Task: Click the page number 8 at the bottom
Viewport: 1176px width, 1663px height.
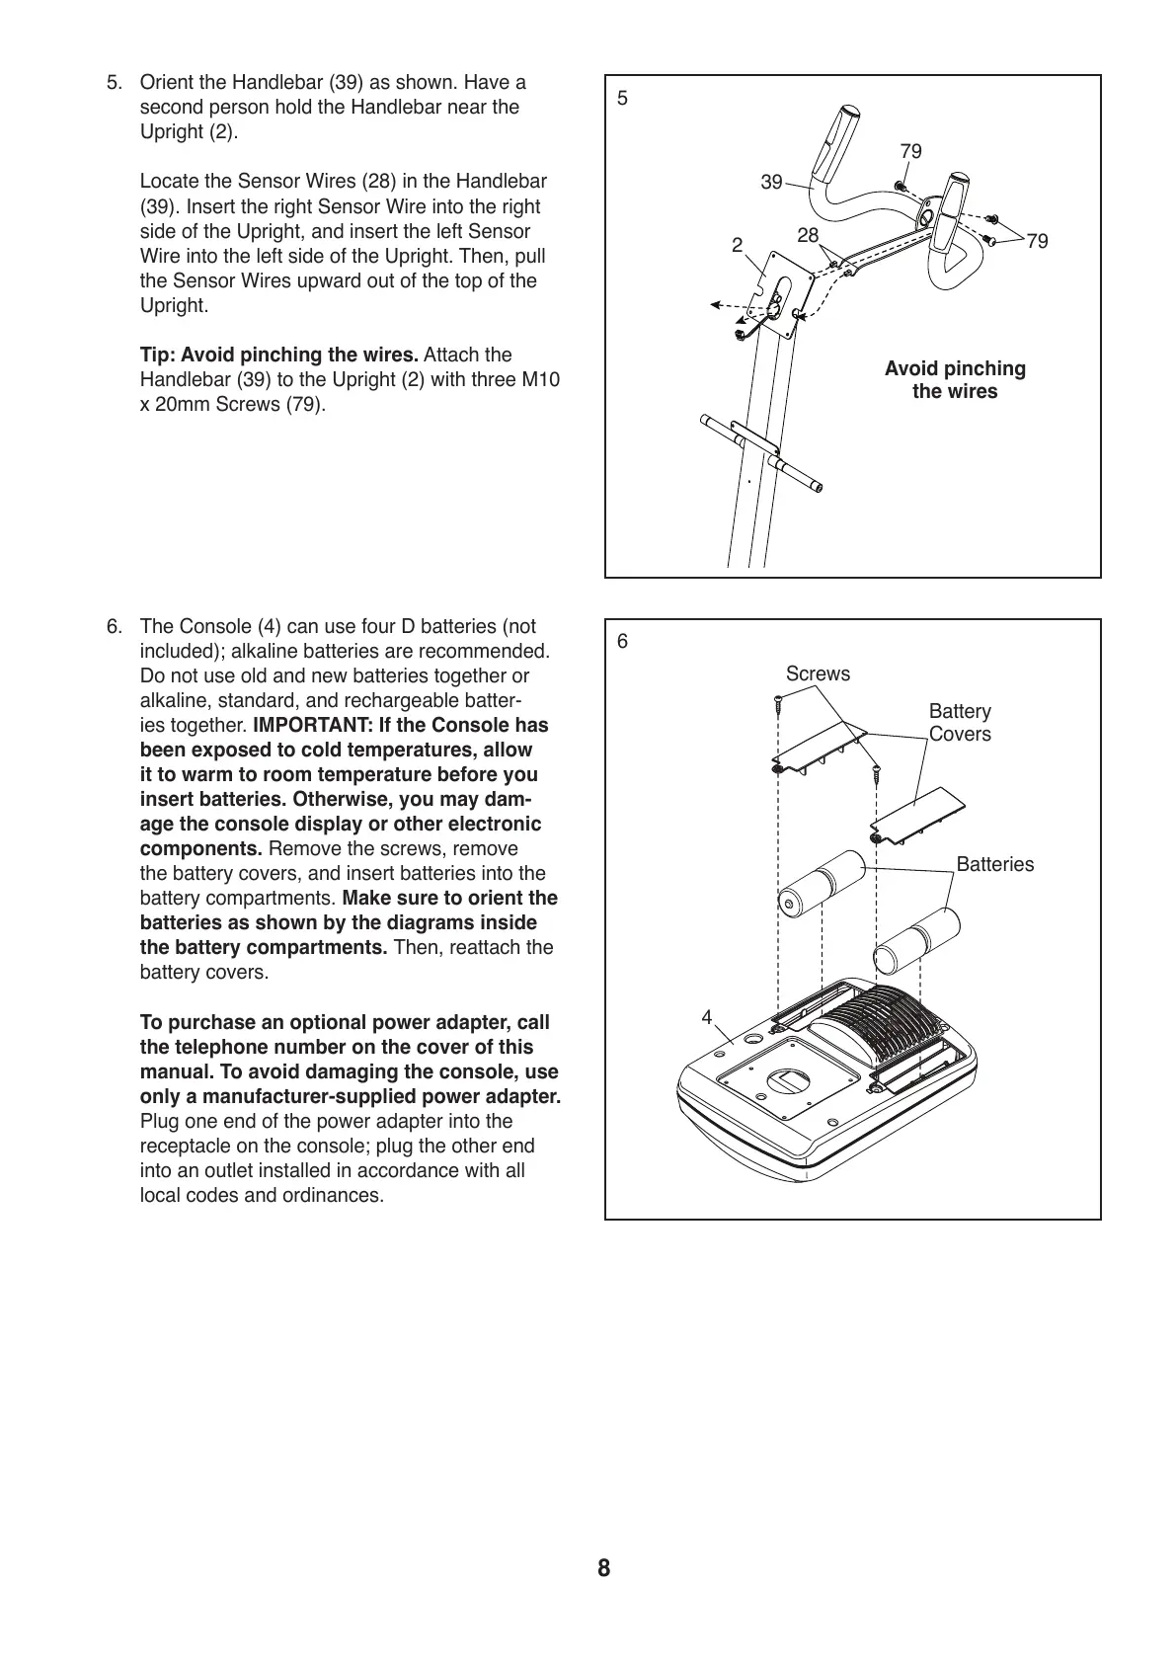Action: click(x=603, y=1568)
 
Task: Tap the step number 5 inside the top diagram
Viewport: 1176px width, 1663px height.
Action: click(x=622, y=98)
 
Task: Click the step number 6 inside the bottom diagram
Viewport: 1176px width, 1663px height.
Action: click(x=622, y=641)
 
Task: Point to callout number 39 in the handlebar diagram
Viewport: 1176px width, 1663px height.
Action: click(x=771, y=182)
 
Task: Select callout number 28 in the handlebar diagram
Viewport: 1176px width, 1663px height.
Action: click(x=808, y=235)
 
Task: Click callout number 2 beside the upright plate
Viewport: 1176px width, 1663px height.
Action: click(x=737, y=246)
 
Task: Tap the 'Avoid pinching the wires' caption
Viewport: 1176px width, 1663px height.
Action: click(x=955, y=380)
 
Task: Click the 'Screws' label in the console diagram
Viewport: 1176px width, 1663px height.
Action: click(x=818, y=673)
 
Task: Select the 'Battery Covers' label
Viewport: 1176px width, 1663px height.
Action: click(x=960, y=723)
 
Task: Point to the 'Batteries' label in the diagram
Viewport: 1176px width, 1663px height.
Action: click(x=995, y=864)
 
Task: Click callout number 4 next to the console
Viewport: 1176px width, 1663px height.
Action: click(x=707, y=1016)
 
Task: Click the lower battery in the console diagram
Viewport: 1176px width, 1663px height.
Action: click(x=915, y=940)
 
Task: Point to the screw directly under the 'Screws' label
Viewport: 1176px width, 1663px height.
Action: click(x=778, y=705)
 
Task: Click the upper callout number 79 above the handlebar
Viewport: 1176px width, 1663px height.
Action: click(x=910, y=151)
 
